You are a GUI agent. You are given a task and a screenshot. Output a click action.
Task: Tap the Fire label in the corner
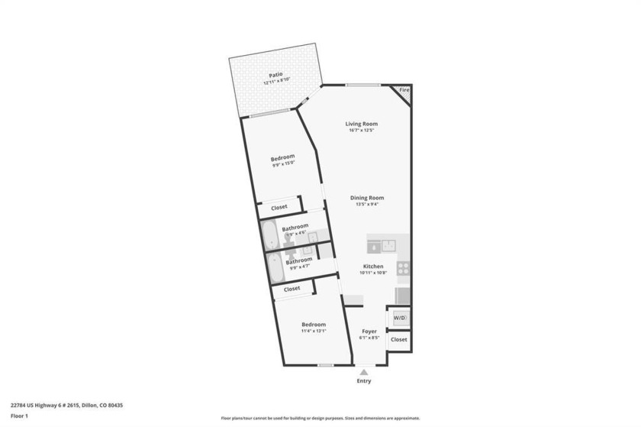coord(404,90)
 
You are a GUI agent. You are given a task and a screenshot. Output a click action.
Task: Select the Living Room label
coord(362,124)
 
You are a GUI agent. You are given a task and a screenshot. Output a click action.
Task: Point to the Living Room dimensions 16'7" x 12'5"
coord(362,131)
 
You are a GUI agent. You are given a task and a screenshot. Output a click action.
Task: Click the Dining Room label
coord(366,198)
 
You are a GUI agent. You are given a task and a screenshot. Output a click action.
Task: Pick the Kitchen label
coord(373,266)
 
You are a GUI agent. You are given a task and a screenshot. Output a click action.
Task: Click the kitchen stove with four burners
coord(403,268)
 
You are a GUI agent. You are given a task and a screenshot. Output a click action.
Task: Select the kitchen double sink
coord(381,245)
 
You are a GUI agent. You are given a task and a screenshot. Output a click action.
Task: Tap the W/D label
coord(400,317)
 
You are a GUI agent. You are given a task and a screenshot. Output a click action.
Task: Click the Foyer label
coord(369,331)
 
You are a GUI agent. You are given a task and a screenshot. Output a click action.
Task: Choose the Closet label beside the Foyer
coord(399,338)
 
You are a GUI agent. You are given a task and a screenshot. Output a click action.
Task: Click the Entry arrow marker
coord(364,372)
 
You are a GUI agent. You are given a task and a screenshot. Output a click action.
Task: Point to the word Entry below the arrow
coord(364,380)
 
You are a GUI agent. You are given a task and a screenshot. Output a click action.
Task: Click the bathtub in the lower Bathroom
coord(275,267)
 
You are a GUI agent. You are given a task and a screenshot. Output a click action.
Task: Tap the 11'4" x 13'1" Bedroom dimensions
coord(313,331)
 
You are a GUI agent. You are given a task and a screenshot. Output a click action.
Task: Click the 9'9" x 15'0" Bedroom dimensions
coord(282,163)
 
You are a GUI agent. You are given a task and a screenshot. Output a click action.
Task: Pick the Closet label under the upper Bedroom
coord(279,207)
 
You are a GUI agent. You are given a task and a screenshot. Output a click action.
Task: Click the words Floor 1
coord(19,416)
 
